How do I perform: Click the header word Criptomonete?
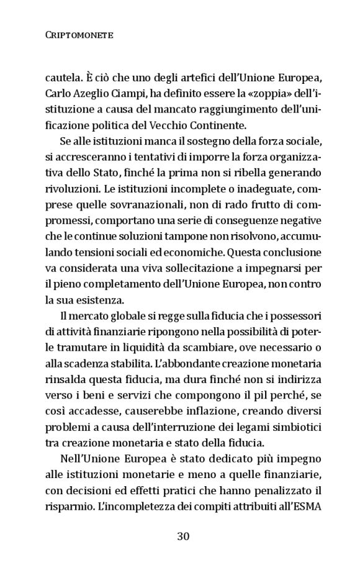[79, 37]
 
